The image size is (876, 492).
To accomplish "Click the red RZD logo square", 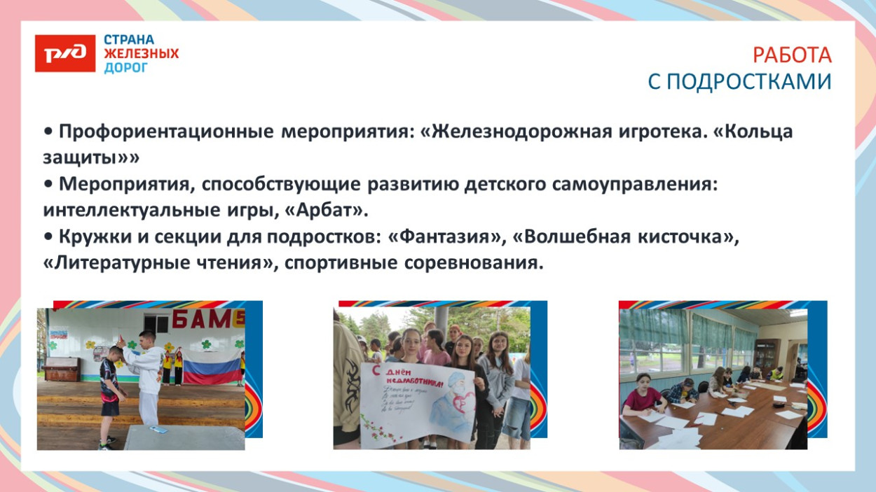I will click(64, 53).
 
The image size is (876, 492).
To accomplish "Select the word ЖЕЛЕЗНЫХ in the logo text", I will click(141, 54).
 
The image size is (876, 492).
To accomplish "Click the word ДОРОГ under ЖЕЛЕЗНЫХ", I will click(126, 68).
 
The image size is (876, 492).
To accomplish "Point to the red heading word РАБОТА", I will click(792, 55).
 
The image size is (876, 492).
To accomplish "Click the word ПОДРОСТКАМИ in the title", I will click(748, 82).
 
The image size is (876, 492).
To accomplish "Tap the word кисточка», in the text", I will click(687, 237).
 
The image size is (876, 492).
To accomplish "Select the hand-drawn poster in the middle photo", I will click(418, 402).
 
